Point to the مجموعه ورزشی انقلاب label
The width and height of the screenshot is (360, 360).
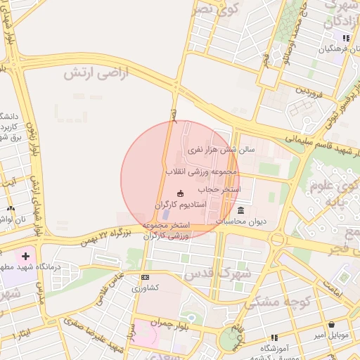coord(202,171)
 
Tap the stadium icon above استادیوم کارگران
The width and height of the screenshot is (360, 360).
coord(180,193)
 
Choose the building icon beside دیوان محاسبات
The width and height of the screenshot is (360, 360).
coord(241,211)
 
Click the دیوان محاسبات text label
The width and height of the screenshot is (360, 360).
coord(241,221)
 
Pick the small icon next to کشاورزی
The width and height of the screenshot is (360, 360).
coord(145,277)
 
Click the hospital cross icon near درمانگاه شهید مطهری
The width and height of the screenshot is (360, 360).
coord(26,258)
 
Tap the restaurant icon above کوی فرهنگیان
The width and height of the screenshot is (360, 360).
coord(345,38)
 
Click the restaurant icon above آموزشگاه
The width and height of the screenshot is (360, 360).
coord(274,338)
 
